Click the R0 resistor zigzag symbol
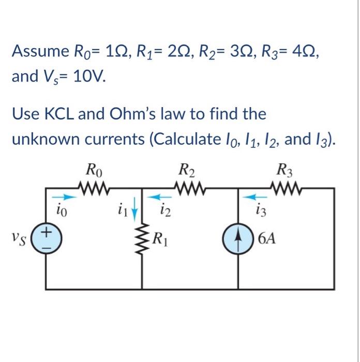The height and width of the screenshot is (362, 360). pos(95,186)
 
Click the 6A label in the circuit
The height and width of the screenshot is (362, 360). pos(267,239)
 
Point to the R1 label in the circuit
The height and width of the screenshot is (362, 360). pos(161,239)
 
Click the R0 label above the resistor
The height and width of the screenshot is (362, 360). pos(93,169)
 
